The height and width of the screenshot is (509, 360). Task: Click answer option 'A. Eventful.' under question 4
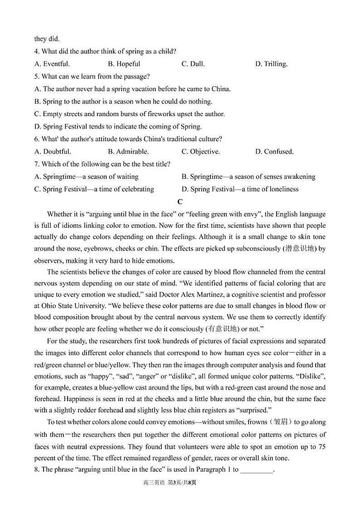[x=52, y=64]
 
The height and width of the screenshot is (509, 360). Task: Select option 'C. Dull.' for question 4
[x=193, y=64]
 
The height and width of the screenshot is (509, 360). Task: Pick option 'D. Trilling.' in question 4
[x=271, y=64]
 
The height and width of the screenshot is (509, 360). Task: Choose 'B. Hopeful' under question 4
[x=124, y=64]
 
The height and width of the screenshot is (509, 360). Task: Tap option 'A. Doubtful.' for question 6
[x=53, y=152]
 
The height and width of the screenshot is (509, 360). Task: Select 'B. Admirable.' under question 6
[x=128, y=152]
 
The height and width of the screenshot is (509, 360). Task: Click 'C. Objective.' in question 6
[x=201, y=152]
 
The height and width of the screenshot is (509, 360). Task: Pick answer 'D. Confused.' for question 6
[x=274, y=152]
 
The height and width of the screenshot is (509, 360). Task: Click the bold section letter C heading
[x=180, y=202]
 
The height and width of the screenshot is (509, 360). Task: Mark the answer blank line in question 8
[x=257, y=470]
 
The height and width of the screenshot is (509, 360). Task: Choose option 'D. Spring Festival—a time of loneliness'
[x=240, y=189]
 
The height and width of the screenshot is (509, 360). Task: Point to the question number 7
[x=36, y=164]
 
